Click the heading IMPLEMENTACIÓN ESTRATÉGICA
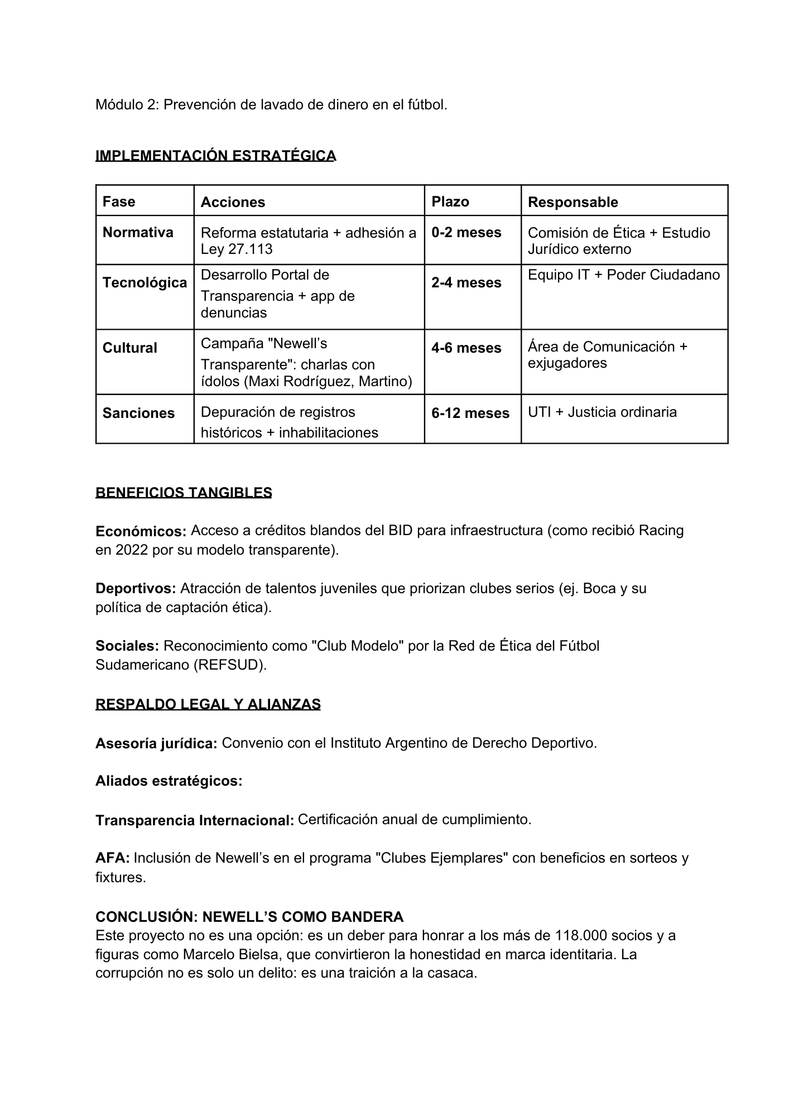pyautogui.click(x=215, y=155)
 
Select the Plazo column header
pyautogui.click(x=450, y=201)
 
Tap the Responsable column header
pyautogui.click(x=572, y=202)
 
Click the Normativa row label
pyautogui.click(x=138, y=232)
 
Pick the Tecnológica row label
pyautogui.click(x=145, y=282)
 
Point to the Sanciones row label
pyautogui.click(x=138, y=413)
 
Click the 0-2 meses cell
pyautogui.click(x=466, y=232)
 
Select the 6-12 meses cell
pyautogui.click(x=470, y=413)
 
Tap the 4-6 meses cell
pyautogui.click(x=466, y=348)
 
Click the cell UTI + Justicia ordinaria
pyautogui.click(x=602, y=412)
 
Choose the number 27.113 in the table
pyautogui.click(x=251, y=249)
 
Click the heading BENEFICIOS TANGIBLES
pyautogui.click(x=184, y=492)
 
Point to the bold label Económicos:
pyautogui.click(x=141, y=531)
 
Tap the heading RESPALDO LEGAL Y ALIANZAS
pyautogui.click(x=208, y=704)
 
